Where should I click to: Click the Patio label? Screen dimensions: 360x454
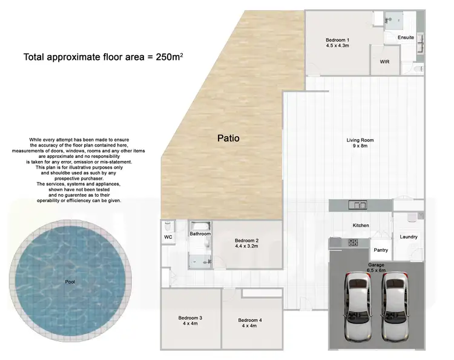[x=228, y=138]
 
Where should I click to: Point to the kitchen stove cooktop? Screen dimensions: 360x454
[x=353, y=242]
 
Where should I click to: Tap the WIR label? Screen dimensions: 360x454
[x=384, y=62]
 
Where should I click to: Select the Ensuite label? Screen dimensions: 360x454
[x=406, y=38]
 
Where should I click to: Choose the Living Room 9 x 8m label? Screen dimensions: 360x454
[x=360, y=143]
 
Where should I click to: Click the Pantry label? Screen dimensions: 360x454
[x=381, y=250]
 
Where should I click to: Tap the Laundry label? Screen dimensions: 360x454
[x=409, y=237]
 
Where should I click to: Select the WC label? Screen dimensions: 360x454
[x=168, y=238]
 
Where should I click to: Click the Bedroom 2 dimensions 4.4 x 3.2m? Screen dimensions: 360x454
[x=246, y=246]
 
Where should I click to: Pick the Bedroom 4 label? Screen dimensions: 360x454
[x=250, y=320]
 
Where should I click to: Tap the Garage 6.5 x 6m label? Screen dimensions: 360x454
[x=377, y=268]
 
